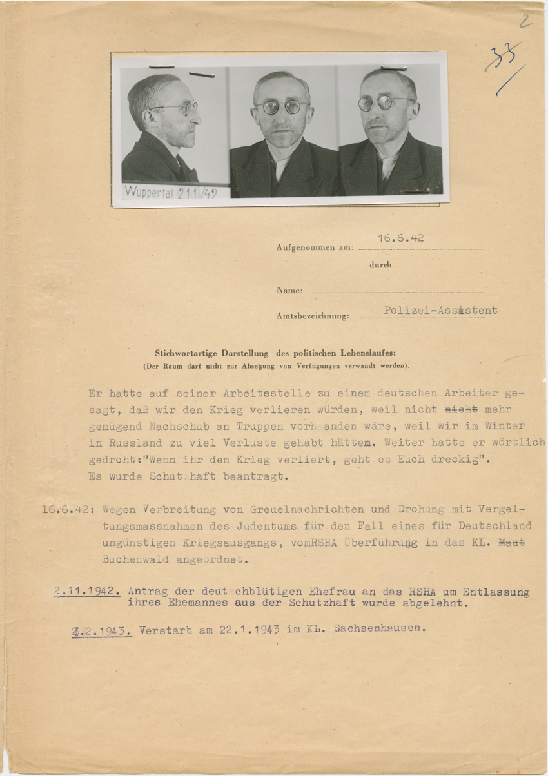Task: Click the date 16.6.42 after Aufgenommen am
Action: [400, 238]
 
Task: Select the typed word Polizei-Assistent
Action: [440, 310]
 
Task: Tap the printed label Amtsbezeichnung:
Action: [313, 316]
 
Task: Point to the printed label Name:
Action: [289, 291]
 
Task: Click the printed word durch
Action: [380, 264]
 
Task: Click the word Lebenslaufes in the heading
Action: [363, 353]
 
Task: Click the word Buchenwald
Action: [133, 559]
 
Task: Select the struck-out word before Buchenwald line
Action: [513, 543]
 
